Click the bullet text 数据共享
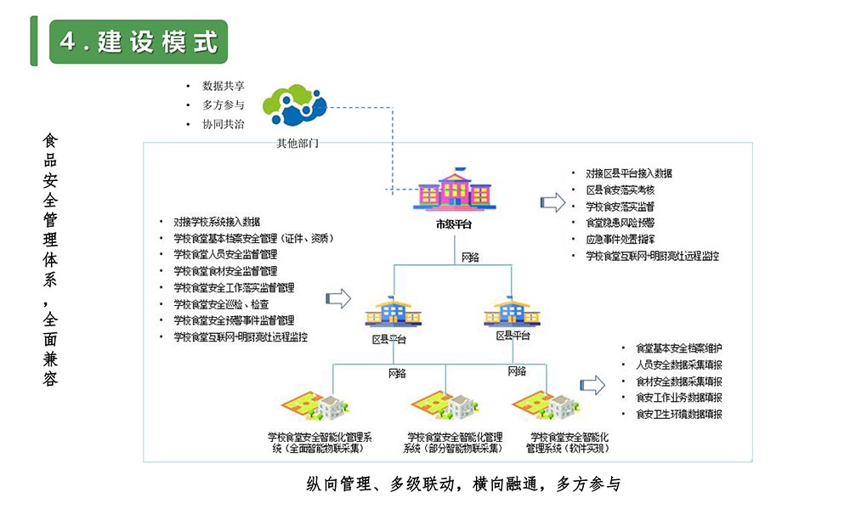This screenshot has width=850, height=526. click(x=224, y=86)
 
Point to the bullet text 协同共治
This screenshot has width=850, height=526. click(x=224, y=124)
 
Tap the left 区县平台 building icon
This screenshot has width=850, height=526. click(x=388, y=313)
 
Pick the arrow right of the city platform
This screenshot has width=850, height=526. click(x=553, y=202)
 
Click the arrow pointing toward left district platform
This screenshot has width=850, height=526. click(x=339, y=297)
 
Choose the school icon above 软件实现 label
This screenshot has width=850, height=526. click(x=547, y=404)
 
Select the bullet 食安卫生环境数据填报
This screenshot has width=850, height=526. click(x=678, y=414)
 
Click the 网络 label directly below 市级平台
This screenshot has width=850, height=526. click(x=470, y=256)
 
